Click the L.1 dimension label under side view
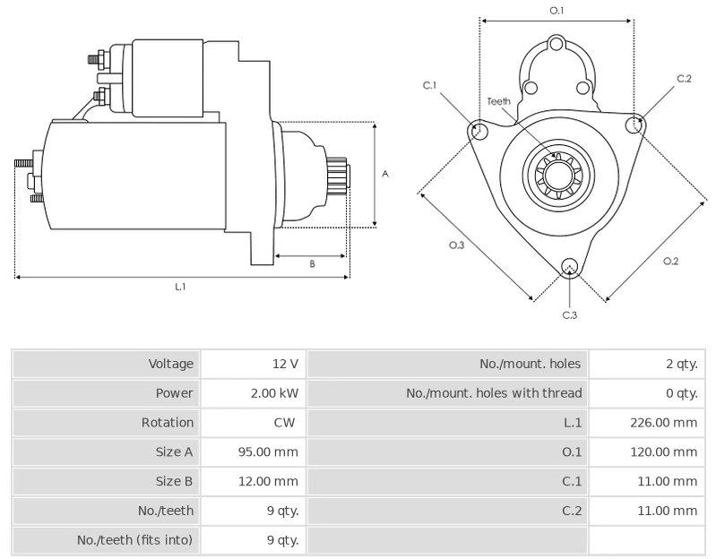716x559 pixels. pyautogui.click(x=180, y=287)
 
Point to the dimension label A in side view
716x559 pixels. pyautogui.click(x=385, y=174)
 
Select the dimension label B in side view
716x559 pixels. pyautogui.click(x=312, y=264)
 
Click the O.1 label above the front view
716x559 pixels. pyautogui.click(x=556, y=10)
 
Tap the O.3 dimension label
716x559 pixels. pyautogui.click(x=456, y=245)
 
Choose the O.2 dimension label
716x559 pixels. pyautogui.click(x=670, y=261)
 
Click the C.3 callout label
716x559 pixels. pyautogui.click(x=569, y=314)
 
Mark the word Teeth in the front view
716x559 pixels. pyautogui.click(x=499, y=101)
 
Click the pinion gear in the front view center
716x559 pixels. pyautogui.click(x=558, y=175)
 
